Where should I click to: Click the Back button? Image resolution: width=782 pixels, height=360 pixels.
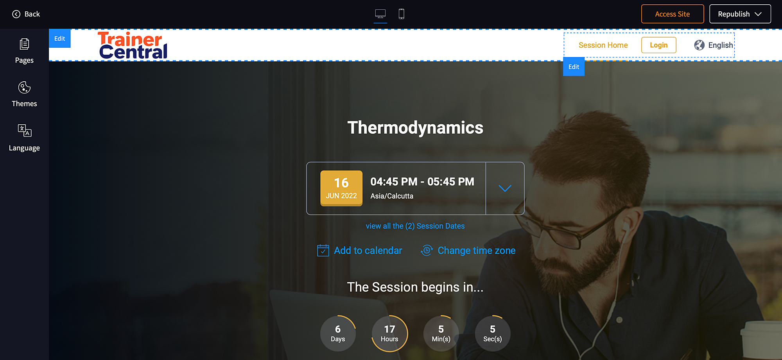[x=26, y=14]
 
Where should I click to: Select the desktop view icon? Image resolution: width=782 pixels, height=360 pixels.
[x=380, y=14]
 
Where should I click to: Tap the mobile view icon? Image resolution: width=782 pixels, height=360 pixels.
[x=401, y=14]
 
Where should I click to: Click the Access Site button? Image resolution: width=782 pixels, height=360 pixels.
[x=673, y=14]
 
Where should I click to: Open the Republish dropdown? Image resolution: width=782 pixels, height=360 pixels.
[x=740, y=14]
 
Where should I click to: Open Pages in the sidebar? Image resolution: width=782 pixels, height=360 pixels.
[x=24, y=51]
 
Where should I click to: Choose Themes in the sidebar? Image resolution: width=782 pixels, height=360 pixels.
[x=24, y=94]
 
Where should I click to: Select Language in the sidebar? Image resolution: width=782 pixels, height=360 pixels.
[x=24, y=138]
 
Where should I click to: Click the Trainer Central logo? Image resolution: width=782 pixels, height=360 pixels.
[x=133, y=45]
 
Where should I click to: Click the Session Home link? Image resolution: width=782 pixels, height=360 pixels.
[x=603, y=45]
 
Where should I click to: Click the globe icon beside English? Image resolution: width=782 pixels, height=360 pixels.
[x=699, y=45]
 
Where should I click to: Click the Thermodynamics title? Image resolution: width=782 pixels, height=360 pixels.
[x=415, y=128]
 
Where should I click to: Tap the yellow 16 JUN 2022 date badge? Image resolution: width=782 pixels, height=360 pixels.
[x=341, y=188]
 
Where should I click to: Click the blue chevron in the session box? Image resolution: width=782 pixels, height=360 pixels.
[x=505, y=188]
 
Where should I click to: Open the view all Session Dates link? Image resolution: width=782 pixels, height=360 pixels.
[x=415, y=226]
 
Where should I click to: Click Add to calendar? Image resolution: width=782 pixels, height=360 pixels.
[x=360, y=251]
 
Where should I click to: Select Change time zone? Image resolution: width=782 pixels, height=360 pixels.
[x=468, y=251]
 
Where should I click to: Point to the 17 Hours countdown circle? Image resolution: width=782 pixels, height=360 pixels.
[x=389, y=333]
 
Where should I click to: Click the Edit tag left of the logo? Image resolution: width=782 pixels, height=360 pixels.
[x=59, y=38]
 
